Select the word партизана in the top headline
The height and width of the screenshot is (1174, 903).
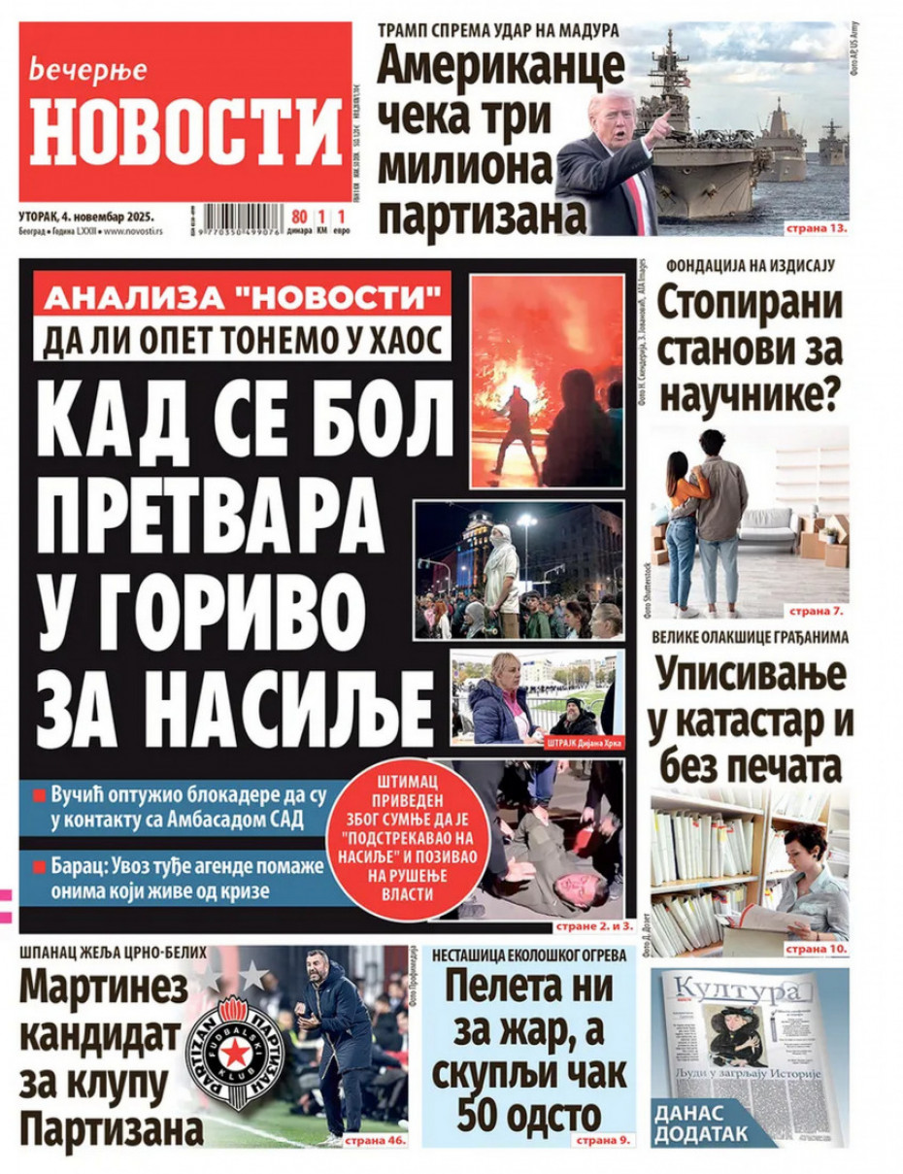(482, 213)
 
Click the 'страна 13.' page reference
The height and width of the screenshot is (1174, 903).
(818, 228)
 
